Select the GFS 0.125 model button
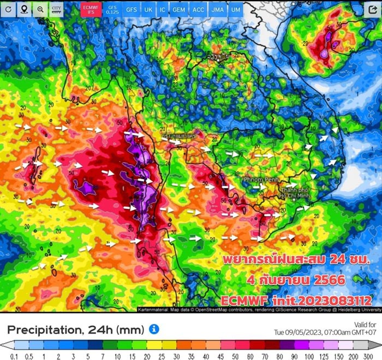tap(112, 9)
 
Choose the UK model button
tap(148, 9)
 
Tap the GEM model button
tap(178, 9)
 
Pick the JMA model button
tap(217, 9)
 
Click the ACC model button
tap(198, 9)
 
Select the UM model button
tap(235, 9)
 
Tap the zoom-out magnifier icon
tap(40, 9)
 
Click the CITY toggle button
tap(56, 9)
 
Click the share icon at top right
tap(372, 9)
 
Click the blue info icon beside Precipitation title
tap(154, 329)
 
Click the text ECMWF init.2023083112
tap(296, 300)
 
